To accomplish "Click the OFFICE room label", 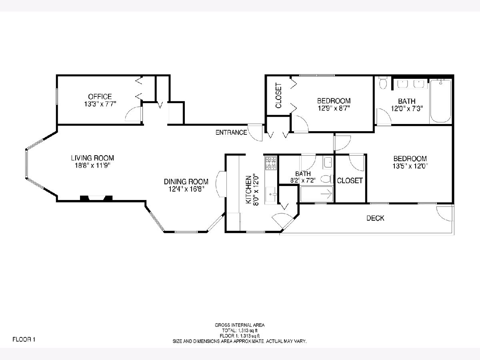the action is [100, 96].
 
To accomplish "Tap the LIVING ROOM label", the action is [92, 158].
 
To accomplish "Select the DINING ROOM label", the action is [186, 182].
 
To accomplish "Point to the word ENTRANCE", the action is [231, 132].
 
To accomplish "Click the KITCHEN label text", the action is [248, 190].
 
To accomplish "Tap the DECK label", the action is [375, 218].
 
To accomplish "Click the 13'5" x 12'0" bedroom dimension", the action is [410, 166].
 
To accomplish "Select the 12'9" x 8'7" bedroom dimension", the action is [334, 108].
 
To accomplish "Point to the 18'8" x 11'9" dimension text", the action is [92, 166].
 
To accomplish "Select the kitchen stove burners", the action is [271, 163].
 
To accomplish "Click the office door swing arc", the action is [133, 114].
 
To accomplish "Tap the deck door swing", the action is [444, 214].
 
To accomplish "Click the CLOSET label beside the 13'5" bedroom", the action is [350, 180].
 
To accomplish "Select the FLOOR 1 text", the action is [24, 340].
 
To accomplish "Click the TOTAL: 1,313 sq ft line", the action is [240, 330].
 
